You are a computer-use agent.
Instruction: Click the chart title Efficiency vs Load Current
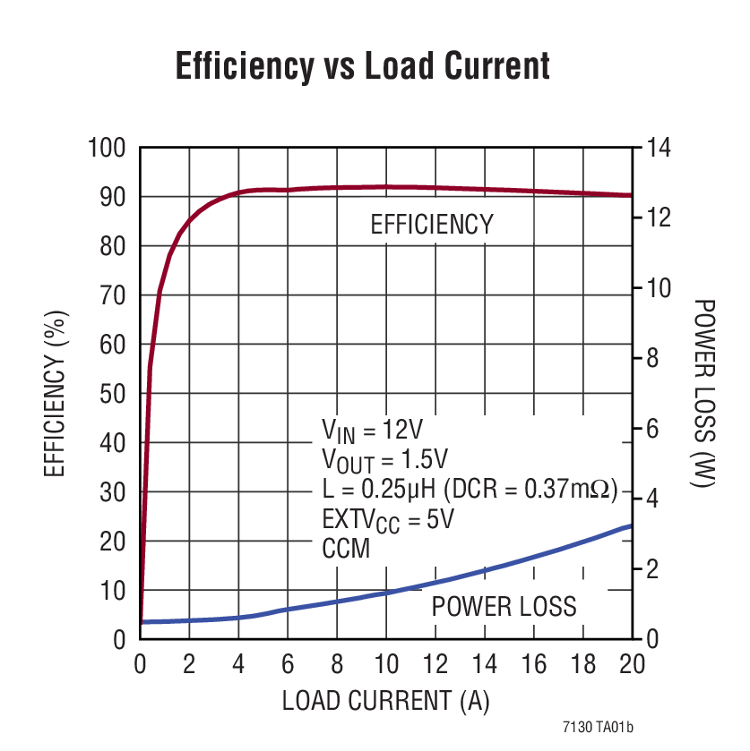point(362,67)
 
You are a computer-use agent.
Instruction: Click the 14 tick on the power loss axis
point(659,148)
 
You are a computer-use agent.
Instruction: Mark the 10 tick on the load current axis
point(386,664)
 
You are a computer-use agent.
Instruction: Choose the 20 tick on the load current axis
point(632,664)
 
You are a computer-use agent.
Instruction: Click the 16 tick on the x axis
point(533,664)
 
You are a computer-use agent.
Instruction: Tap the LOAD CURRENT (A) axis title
point(386,700)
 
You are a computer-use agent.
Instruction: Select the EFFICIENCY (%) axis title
point(56,394)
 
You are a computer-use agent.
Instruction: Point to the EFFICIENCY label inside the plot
point(432,224)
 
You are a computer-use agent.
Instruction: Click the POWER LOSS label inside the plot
point(504,607)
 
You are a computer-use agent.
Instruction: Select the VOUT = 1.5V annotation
point(384,461)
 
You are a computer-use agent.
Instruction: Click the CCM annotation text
point(346,548)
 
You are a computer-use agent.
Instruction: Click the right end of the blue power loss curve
point(631,525)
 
